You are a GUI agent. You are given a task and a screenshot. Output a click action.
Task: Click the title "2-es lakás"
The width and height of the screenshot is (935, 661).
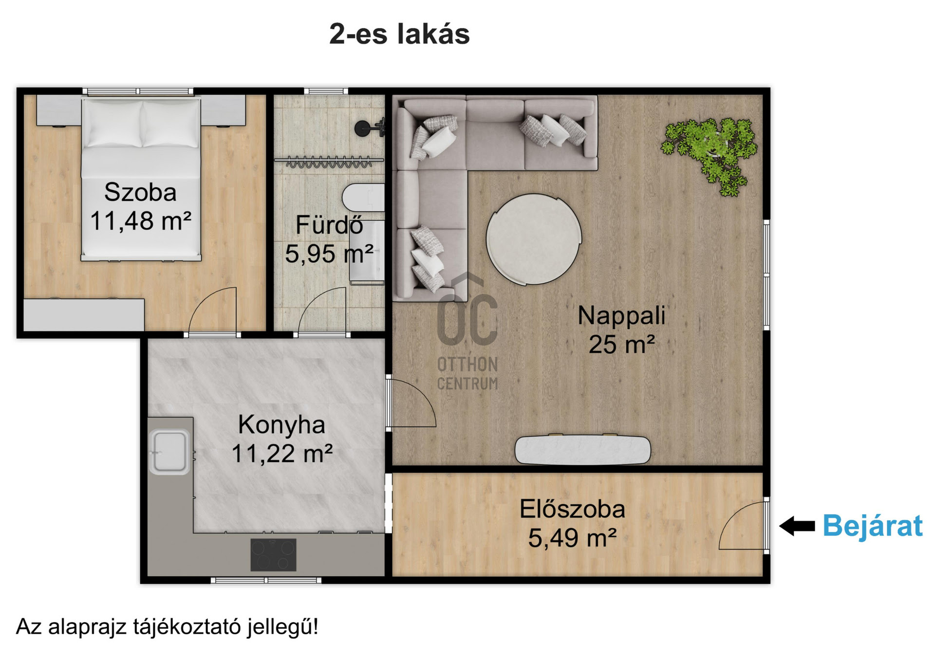399,34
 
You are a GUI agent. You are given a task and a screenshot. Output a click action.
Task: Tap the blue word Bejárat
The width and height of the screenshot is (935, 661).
873,526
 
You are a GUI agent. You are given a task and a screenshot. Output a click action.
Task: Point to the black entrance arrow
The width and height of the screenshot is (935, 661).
797,526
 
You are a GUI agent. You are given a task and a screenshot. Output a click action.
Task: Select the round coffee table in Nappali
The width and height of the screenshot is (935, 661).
534,239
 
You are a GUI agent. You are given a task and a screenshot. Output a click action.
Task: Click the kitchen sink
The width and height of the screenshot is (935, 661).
169,452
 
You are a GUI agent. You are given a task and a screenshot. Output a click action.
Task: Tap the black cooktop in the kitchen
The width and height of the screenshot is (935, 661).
273,555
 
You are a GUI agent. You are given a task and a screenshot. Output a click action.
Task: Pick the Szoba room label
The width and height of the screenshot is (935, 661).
140,192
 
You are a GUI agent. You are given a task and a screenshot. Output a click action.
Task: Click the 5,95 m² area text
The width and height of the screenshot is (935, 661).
329,254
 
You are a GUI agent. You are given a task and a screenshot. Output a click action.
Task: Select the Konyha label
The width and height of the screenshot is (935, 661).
281,424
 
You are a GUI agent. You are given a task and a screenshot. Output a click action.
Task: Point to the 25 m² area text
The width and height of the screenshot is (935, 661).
621,345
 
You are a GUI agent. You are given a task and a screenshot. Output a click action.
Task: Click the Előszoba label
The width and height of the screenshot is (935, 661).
572,509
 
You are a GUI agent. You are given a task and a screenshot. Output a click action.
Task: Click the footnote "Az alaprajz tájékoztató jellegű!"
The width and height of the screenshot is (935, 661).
167,627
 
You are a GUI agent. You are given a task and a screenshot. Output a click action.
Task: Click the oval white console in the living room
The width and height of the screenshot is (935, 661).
583,450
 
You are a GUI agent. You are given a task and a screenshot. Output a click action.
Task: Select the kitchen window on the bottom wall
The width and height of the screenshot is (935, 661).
266,580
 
